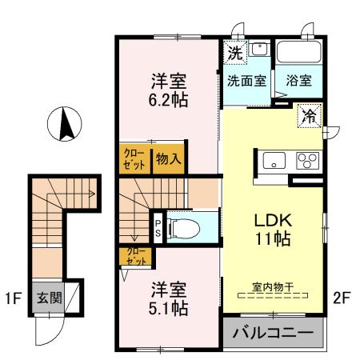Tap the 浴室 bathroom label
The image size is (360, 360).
(298, 80)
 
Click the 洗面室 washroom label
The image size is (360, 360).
(246, 80)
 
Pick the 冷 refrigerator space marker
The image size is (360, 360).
(308, 116)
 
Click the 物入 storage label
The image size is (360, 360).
(168, 158)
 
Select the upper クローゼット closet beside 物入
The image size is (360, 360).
(133, 158)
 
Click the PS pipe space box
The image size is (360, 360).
(158, 225)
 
